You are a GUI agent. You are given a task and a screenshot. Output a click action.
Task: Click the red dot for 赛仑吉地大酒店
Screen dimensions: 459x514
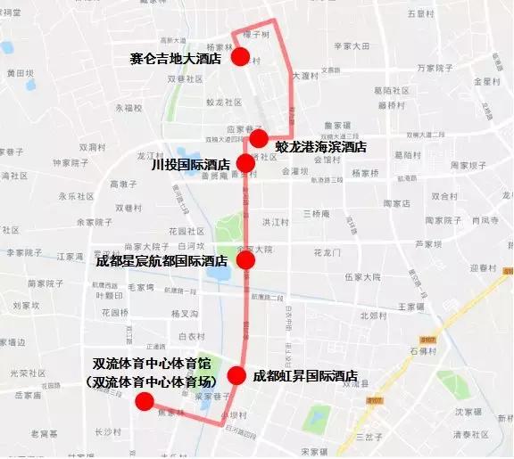coord(240,57)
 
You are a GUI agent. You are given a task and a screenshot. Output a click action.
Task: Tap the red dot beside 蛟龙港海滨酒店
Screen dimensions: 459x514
coord(259,138)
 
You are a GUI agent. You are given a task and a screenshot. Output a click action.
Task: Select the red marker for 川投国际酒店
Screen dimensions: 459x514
coord(245,163)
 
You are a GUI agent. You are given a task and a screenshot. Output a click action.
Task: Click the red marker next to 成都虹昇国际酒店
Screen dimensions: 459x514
coord(236,376)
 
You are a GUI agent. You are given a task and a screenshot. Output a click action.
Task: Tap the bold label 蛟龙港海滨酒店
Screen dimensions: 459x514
coord(320,146)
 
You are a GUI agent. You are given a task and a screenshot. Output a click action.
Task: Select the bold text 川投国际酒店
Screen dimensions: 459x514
coord(190,164)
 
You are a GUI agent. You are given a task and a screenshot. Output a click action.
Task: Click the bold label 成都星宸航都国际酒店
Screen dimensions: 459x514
coord(162,261)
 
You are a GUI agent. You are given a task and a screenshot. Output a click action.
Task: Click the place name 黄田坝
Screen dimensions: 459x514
coord(20,73)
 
